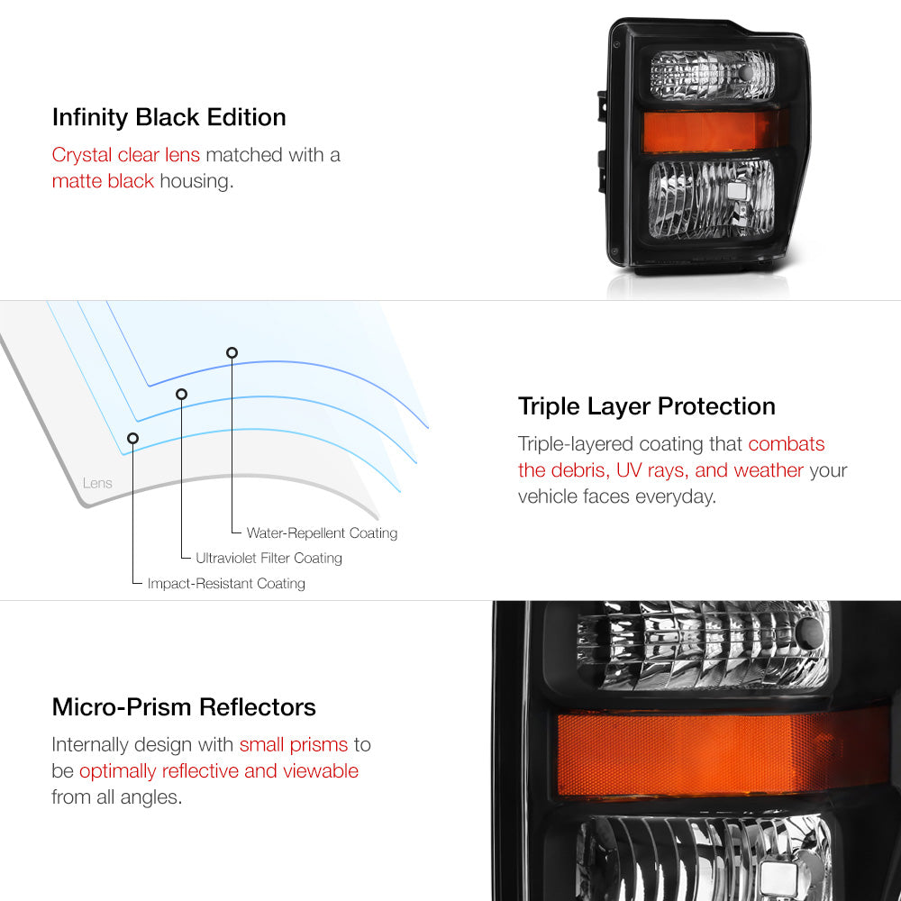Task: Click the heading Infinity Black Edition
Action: tap(169, 118)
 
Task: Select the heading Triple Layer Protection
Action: tap(646, 407)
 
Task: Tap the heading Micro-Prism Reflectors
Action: tap(184, 707)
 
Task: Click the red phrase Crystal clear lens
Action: tap(126, 155)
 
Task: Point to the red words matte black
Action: tap(103, 181)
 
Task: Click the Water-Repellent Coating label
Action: tap(322, 533)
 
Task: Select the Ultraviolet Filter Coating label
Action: tap(268, 558)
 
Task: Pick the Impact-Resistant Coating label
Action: tap(226, 583)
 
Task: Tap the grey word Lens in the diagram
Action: tap(97, 483)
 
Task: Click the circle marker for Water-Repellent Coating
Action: tap(232, 353)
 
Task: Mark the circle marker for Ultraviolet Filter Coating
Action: tap(182, 395)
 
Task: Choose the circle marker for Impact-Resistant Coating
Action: tap(132, 439)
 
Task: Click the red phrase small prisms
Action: tap(294, 745)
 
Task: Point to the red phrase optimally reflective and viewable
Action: tap(219, 771)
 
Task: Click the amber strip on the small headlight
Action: tap(712, 132)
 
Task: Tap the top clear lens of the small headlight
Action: tap(712, 76)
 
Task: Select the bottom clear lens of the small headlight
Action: tap(712, 199)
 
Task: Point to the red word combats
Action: tap(786, 444)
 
